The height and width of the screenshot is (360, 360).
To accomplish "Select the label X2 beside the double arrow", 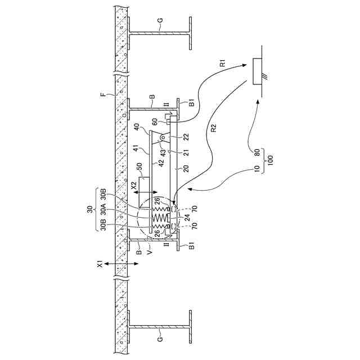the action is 134,184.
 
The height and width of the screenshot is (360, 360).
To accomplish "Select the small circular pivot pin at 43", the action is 163,138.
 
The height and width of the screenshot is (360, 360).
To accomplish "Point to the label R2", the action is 214,128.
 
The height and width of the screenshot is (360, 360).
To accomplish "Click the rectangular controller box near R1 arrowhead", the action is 259,71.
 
